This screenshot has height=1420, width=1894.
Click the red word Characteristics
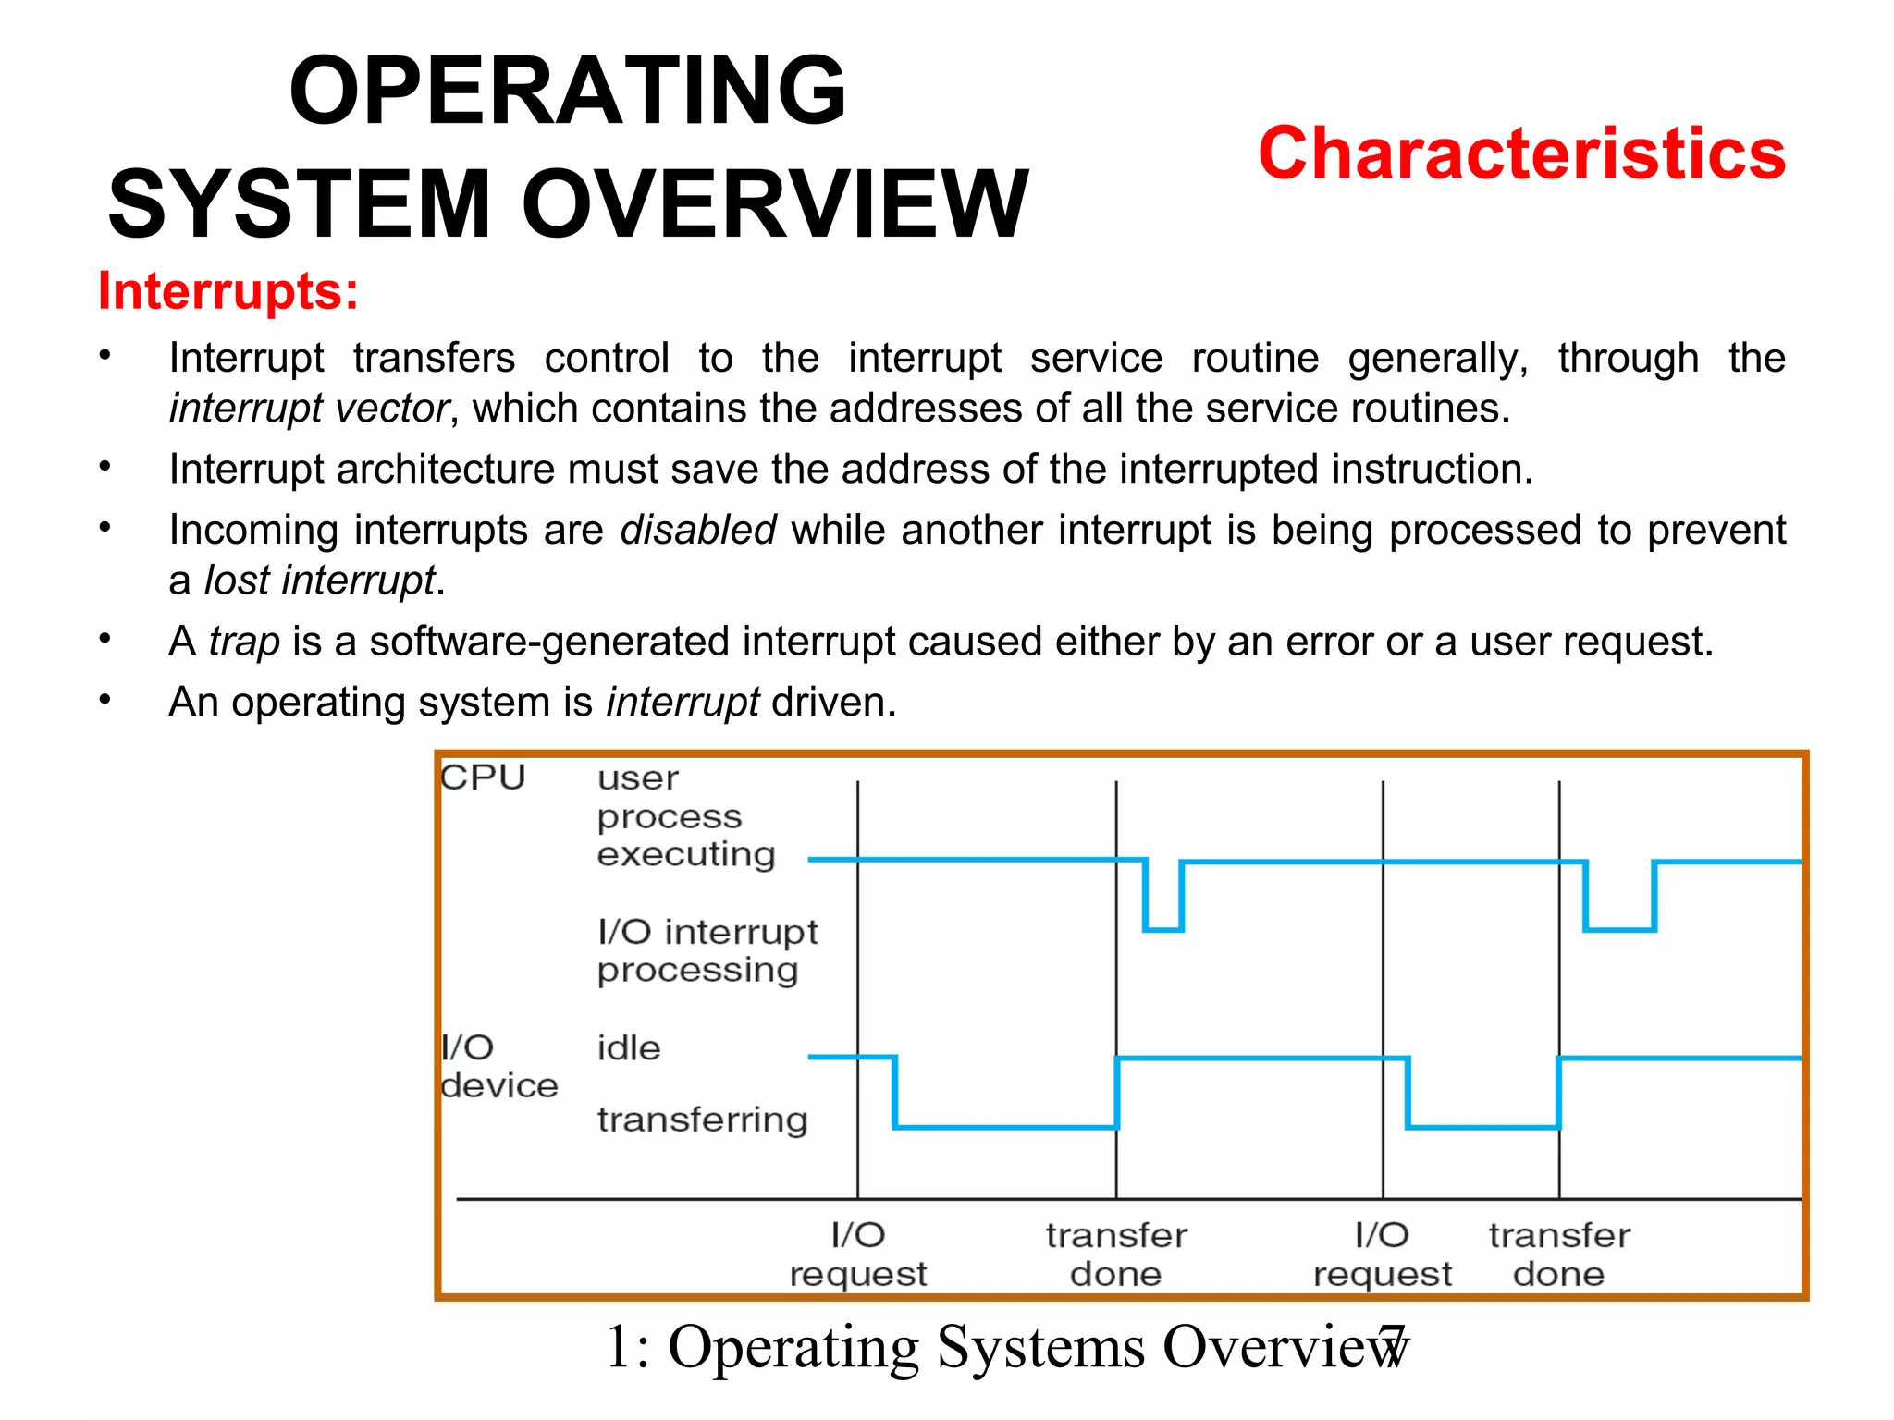[x=1521, y=153]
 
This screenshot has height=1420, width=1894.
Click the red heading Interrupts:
[x=228, y=291]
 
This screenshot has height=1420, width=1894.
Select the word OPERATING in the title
[x=567, y=90]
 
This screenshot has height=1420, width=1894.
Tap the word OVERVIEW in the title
[x=775, y=204]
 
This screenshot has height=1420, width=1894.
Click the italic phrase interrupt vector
[x=309, y=409]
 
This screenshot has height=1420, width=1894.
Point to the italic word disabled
[x=697, y=531]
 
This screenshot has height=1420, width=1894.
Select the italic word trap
[x=244, y=642]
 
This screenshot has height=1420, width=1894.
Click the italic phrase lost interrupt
[x=319, y=581]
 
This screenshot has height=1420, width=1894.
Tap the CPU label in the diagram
[x=483, y=777]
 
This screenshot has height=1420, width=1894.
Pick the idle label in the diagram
[x=629, y=1048]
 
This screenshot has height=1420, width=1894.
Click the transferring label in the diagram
[x=702, y=1120]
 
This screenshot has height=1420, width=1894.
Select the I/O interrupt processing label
[x=707, y=950]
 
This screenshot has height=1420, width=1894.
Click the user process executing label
[x=685, y=816]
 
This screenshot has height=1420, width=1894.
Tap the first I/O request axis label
[x=858, y=1255]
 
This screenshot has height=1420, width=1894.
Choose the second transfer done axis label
[x=1559, y=1255]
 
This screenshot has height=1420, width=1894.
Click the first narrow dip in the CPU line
[x=1163, y=927]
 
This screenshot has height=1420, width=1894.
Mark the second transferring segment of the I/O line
[x=1482, y=1126]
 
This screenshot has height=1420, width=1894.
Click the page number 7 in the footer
[x=1392, y=1346]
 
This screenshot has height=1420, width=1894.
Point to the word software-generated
[x=549, y=642]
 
